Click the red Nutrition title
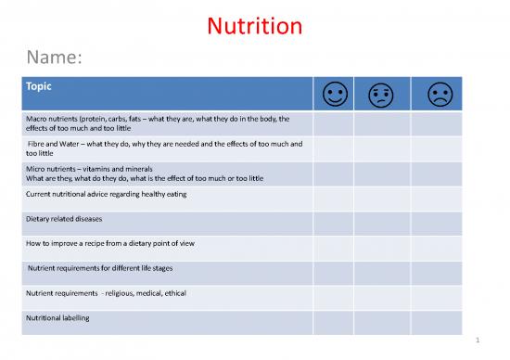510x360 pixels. click(254, 26)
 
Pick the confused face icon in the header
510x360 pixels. click(381, 94)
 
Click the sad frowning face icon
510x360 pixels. click(436, 94)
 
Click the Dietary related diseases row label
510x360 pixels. click(65, 219)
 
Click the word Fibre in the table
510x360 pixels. click(40, 144)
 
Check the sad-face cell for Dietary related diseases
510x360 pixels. click(436, 221)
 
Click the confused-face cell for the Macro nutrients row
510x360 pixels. click(381, 124)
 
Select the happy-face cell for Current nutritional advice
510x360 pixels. click(332, 196)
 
